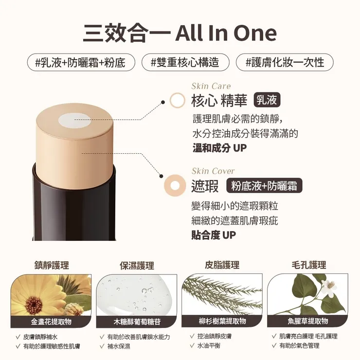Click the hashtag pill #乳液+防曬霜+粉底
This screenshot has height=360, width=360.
pyautogui.click(x=81, y=62)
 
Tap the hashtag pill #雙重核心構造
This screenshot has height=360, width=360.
pyautogui.click(x=185, y=62)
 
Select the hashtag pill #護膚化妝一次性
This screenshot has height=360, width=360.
pyautogui.click(x=285, y=62)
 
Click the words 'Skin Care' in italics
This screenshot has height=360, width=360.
pyautogui.click(x=211, y=86)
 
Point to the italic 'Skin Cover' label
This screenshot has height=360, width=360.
pyautogui.click(x=213, y=171)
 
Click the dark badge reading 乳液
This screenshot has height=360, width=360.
pyautogui.click(x=267, y=100)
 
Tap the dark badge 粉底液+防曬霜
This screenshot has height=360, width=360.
pyautogui.click(x=264, y=185)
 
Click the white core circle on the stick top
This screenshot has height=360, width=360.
pyautogui.click(x=75, y=121)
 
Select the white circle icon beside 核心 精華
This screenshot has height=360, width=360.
pyautogui.click(x=178, y=100)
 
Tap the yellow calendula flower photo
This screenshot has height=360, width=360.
pyautogui.click(x=51, y=295)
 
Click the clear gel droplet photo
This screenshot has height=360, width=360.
pyautogui.click(x=137, y=295)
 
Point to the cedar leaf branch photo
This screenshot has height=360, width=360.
pyautogui.click(x=222, y=294)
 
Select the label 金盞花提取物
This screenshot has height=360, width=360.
pyautogui.click(x=51, y=322)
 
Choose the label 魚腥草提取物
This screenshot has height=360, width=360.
pyautogui.click(x=308, y=321)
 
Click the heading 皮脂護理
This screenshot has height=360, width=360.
pyautogui.click(x=222, y=265)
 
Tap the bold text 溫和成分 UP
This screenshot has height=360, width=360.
pyautogui.click(x=220, y=148)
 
